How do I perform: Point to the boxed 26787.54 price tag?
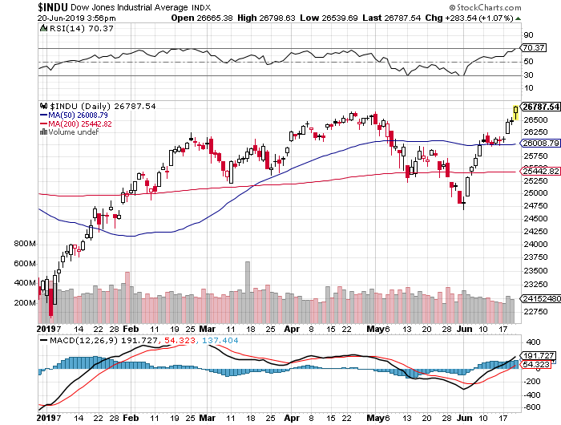coord(539,106)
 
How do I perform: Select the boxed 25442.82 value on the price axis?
coord(539,172)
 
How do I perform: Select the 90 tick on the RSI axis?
coord(529,35)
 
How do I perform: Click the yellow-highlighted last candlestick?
coord(515,113)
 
